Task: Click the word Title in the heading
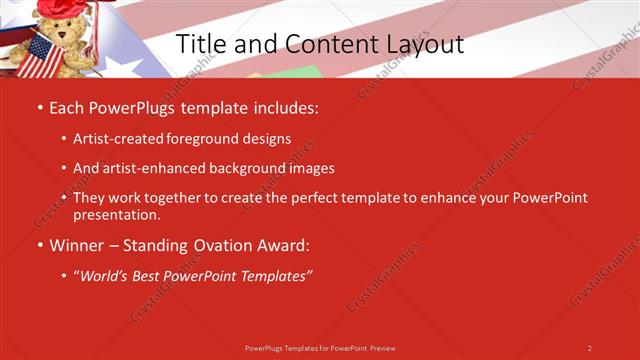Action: click(x=200, y=45)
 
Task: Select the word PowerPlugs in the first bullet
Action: click(x=130, y=105)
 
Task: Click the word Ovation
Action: click(x=229, y=244)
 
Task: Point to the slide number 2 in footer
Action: click(x=590, y=348)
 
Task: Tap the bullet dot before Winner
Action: click(x=39, y=245)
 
